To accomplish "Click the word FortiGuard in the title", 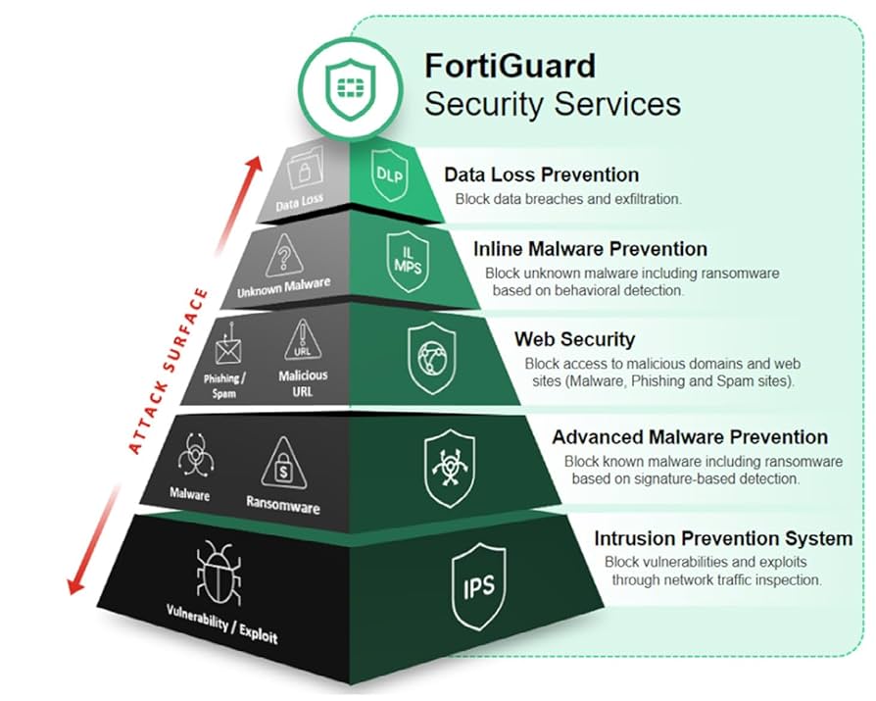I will coord(510,66).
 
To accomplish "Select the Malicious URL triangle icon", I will coord(304,342).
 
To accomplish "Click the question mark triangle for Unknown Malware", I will coord(284,255).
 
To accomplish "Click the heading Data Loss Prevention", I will coord(541,175).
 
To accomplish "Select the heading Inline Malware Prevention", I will coord(590,249).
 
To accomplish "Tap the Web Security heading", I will coord(574,339).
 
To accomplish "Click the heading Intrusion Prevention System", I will coord(723,538).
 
